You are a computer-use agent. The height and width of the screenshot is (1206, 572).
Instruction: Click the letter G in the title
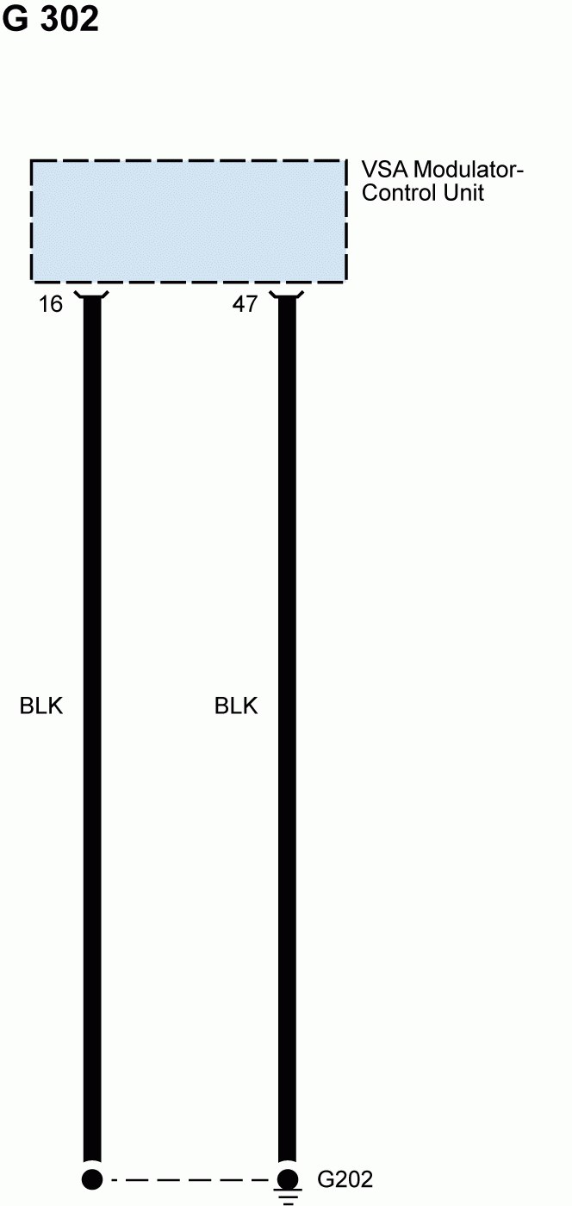(16, 19)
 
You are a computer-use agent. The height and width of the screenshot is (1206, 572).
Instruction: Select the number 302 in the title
(69, 19)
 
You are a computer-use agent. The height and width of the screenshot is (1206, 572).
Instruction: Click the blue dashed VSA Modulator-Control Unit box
(189, 221)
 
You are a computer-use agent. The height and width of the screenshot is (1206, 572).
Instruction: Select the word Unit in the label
(463, 192)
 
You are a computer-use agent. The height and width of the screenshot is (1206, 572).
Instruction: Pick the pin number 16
(51, 304)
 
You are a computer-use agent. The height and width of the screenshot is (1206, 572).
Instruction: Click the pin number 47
(245, 304)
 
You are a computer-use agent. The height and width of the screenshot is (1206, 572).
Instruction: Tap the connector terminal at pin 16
(92, 297)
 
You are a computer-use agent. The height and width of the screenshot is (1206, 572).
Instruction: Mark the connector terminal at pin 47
(287, 297)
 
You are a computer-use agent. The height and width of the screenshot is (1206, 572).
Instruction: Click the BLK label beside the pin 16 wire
(41, 706)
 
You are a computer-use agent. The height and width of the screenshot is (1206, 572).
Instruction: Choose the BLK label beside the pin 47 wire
(236, 706)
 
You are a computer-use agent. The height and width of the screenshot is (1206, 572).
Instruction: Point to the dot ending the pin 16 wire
(92, 1179)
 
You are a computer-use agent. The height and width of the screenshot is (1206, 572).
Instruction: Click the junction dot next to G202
(287, 1179)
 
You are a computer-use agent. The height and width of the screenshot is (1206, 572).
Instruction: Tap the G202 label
(345, 1179)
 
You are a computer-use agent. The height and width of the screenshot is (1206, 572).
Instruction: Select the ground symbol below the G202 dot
(287, 1197)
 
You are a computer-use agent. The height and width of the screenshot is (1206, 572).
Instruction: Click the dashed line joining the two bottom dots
(190, 1179)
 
